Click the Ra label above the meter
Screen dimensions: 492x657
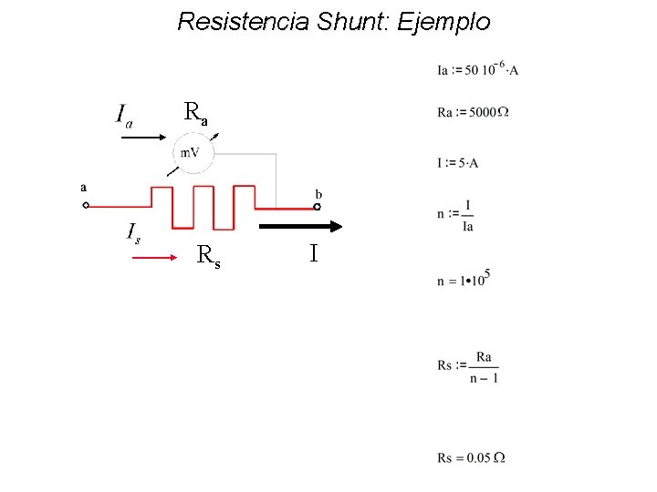195,113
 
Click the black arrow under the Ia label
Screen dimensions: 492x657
142,138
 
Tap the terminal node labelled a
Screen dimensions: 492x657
86,206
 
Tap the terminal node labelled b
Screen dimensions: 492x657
317,207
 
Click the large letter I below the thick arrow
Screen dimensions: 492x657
313,253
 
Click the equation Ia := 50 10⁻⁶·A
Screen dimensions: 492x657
477,68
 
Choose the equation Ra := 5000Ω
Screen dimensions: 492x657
473,112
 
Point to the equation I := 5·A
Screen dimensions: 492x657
458,163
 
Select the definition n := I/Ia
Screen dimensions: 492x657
455,215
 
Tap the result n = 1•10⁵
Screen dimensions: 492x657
464,278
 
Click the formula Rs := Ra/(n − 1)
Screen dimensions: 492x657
467,366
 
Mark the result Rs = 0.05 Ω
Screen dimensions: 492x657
471,457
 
